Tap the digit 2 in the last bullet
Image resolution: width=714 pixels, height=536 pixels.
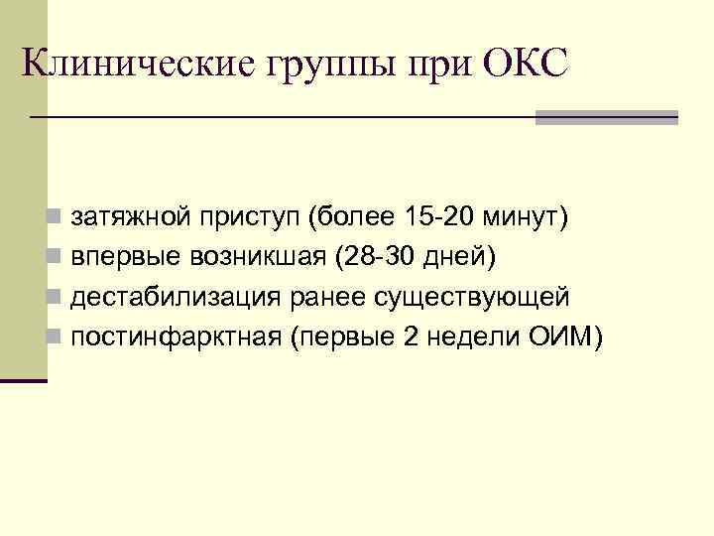point(412,337)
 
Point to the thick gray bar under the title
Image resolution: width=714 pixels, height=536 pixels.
point(606,116)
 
